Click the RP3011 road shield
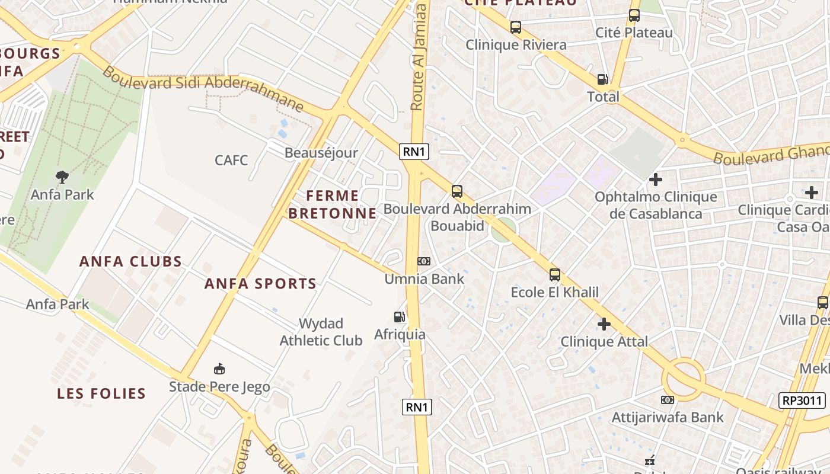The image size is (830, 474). tap(802, 401)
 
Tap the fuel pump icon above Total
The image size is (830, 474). tap(602, 79)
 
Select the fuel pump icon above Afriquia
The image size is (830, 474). tap(400, 317)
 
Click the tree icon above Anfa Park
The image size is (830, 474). tap(62, 177)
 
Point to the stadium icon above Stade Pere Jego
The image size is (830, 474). tap(219, 369)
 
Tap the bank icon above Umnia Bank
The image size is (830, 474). tap(424, 261)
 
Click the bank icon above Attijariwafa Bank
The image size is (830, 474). tap(667, 400)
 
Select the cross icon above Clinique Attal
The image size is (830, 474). tap(604, 324)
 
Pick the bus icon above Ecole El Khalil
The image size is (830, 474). tap(555, 275)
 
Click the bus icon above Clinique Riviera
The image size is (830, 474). tap(516, 27)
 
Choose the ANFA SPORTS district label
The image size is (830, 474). tap(261, 284)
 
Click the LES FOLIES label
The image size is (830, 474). tap(101, 393)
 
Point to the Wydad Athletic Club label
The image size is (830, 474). tap(321, 332)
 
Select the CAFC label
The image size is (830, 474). tap(231, 160)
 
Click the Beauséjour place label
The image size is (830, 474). tap(321, 153)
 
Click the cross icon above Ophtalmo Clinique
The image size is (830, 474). tap(655, 179)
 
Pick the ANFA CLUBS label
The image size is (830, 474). tap(130, 261)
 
